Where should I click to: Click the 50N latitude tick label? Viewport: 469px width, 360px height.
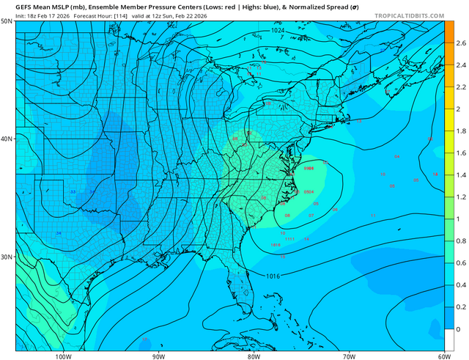click(x=7, y=22)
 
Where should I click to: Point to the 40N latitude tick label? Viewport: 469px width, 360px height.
click(x=7, y=139)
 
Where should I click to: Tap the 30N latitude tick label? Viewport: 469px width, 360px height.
click(x=7, y=257)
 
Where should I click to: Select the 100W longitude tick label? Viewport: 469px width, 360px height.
click(x=63, y=337)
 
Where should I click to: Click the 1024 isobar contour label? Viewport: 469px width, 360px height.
click(x=278, y=31)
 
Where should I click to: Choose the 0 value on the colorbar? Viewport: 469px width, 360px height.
click(x=457, y=329)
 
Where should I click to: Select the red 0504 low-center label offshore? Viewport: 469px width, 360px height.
click(x=309, y=191)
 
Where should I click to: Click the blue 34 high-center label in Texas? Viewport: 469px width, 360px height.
click(x=59, y=233)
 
